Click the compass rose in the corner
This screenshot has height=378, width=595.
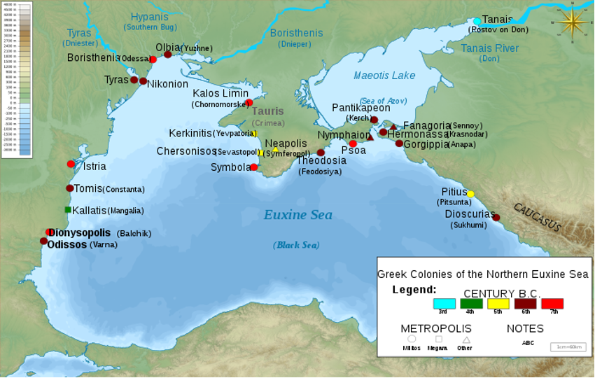coord(573,23)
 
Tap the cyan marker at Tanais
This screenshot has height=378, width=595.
coord(477,21)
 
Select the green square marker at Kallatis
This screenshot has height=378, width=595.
coord(68,210)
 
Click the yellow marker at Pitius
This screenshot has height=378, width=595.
coord(470,194)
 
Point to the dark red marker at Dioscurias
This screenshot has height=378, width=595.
coord(496,218)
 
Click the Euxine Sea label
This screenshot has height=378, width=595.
coord(297,215)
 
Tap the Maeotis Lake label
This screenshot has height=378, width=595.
coord(384,76)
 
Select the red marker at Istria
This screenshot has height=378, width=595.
coord(71,164)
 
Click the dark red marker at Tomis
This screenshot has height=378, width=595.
coord(70,188)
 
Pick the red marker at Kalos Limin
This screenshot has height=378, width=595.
coord(248,103)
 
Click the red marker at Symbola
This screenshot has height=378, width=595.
coord(253,167)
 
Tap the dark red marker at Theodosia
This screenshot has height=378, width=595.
coord(321,153)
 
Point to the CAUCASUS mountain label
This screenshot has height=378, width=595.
coord(537,217)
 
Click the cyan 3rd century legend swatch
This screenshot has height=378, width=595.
coord(444,304)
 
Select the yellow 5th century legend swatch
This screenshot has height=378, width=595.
coord(498,304)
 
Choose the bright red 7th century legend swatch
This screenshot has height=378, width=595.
coord(552,304)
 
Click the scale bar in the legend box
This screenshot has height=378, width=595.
coord(568,346)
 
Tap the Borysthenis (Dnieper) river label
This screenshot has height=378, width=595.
coord(296,34)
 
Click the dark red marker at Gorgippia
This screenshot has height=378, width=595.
coord(399,143)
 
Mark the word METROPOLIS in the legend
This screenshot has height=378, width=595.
coord(435,328)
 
